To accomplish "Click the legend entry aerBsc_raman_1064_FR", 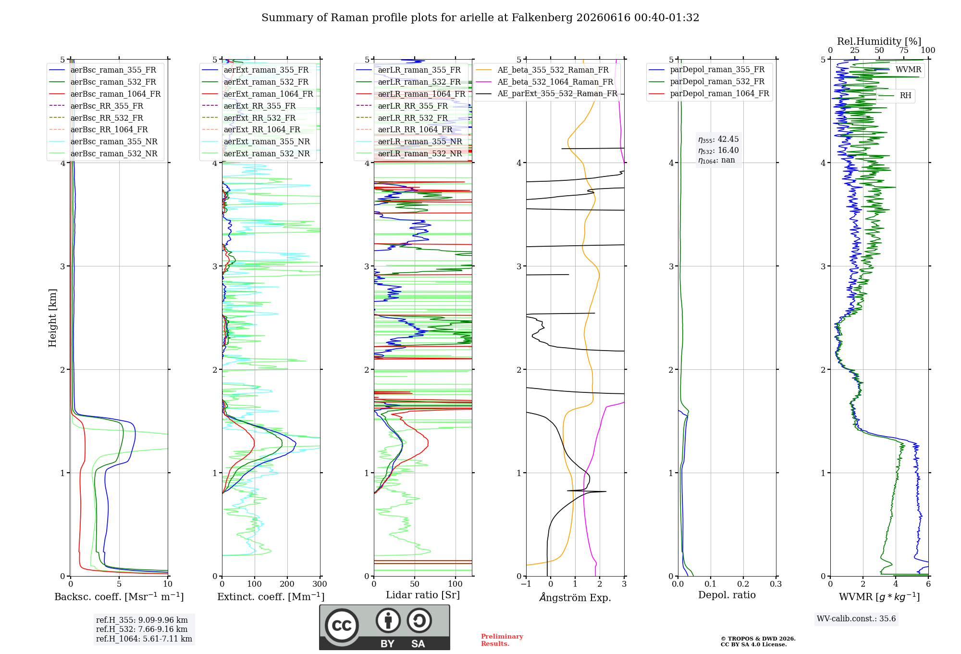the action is (105, 94).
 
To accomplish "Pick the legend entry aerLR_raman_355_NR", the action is (409, 142).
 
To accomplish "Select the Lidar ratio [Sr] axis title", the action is (423, 595).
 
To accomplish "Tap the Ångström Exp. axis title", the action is (575, 597).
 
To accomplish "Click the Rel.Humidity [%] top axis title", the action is (879, 41).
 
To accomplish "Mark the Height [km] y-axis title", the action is (52, 318).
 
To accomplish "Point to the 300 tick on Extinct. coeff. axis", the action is (320, 584).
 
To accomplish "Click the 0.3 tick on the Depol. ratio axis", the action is (776, 584).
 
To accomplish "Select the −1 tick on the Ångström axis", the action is (526, 584).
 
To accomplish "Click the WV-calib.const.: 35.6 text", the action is (856, 619).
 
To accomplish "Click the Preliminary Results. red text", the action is (502, 640).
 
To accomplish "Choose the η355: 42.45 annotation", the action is (718, 139).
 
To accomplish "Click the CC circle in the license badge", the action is (342, 625).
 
